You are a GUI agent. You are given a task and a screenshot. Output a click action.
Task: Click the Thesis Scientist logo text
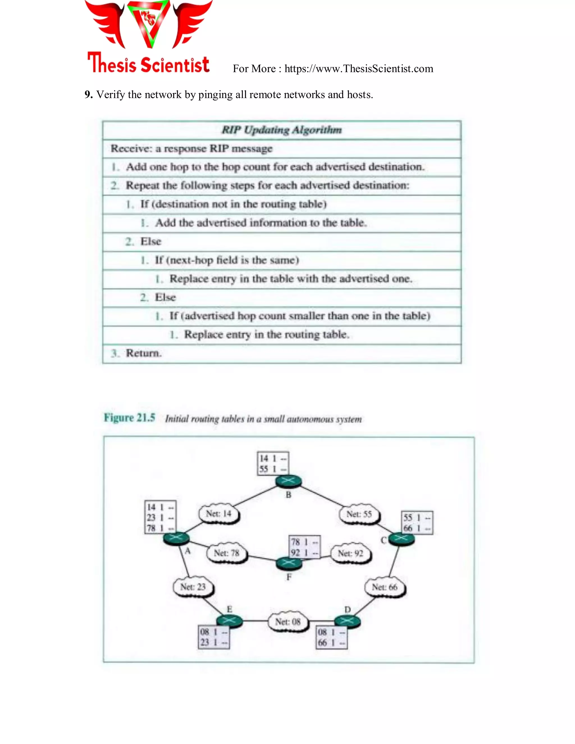pyautogui.click(x=149, y=64)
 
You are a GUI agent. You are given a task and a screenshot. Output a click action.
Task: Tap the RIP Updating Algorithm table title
pyautogui.click(x=282, y=130)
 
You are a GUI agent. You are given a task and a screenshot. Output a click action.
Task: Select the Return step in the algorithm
pyautogui.click(x=143, y=353)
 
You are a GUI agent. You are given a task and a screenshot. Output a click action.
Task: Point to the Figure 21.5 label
pyautogui.click(x=129, y=418)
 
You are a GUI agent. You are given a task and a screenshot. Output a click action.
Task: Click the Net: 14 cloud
pyautogui.click(x=219, y=514)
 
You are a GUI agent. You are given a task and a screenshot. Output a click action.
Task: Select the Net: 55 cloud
pyautogui.click(x=359, y=514)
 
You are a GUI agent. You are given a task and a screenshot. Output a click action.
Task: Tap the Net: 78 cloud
pyautogui.click(x=227, y=553)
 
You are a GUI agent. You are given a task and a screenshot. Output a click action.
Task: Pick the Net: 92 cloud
pyautogui.click(x=350, y=553)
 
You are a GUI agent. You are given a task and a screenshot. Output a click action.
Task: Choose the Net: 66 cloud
pyautogui.click(x=385, y=587)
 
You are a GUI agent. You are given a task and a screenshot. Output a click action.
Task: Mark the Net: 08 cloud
pyautogui.click(x=288, y=622)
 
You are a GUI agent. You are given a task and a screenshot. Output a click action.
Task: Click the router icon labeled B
pyautogui.click(x=289, y=481)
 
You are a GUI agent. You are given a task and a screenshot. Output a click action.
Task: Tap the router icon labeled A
pyautogui.click(x=176, y=538)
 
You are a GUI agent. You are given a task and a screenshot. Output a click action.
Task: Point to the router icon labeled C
pyautogui.click(x=401, y=538)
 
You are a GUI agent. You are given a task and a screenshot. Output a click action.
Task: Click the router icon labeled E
pyautogui.click(x=230, y=621)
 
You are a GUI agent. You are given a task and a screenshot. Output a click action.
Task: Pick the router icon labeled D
pyautogui.click(x=347, y=621)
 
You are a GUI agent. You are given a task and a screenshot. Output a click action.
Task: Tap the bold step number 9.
pyautogui.click(x=88, y=95)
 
